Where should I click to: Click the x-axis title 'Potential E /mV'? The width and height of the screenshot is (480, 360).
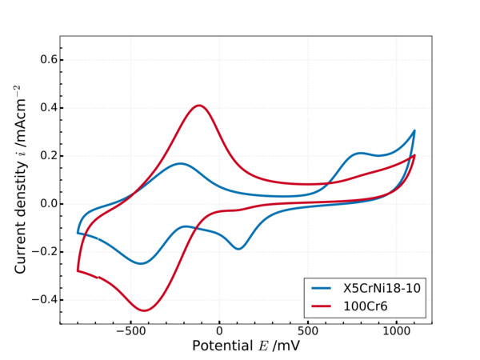point(246,346)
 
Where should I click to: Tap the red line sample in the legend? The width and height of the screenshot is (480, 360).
point(322,306)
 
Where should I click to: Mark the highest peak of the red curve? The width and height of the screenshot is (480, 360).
point(199,105)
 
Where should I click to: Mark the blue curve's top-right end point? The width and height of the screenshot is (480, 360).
point(414,130)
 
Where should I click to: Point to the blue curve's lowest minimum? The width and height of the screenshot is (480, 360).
point(141,263)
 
